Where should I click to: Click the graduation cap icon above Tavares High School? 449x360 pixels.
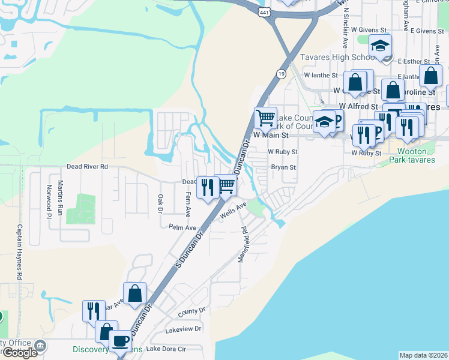click(380, 46)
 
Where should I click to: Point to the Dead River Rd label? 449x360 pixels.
click(87, 166)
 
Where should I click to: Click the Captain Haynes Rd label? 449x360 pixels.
click(20, 252)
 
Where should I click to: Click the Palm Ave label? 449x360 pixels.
click(182, 227)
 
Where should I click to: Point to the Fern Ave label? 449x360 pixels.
click(188, 204)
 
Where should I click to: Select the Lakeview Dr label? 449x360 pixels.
click(185, 329)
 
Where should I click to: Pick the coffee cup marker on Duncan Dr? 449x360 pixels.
click(119, 341)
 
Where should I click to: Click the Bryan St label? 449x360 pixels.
click(283, 167)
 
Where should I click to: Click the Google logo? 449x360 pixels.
click(20, 352)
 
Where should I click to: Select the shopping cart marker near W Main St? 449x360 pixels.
click(265, 117)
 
